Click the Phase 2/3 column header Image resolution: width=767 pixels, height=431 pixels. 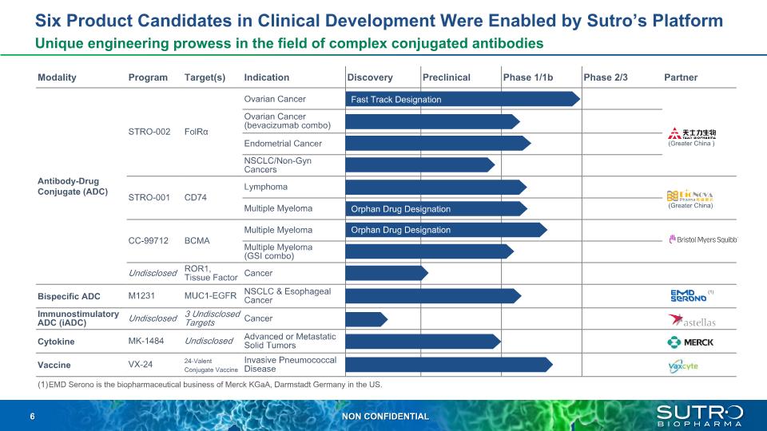coord(606,77)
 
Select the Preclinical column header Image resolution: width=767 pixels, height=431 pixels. coord(447,77)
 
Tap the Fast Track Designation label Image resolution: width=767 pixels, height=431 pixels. coord(396,100)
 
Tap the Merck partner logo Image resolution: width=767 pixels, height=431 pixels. coord(691,342)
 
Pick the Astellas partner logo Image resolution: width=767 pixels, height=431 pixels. coord(691,321)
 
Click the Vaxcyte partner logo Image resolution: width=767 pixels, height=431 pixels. coord(683,366)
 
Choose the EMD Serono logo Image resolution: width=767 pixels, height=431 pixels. coord(689,296)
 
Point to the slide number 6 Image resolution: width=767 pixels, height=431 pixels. coord(33,417)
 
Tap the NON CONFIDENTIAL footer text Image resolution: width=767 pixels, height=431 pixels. coord(385,417)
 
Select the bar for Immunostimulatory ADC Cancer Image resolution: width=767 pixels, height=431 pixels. coord(366,319)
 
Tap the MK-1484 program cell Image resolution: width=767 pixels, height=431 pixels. coord(147,342)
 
